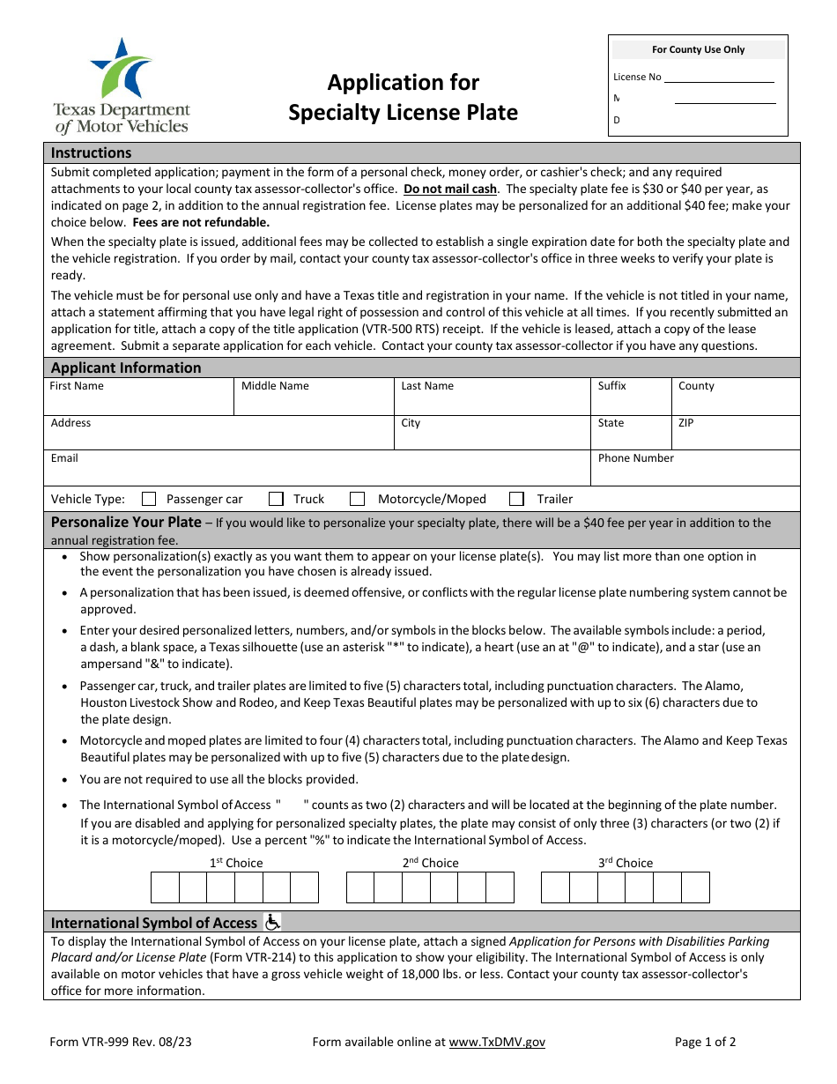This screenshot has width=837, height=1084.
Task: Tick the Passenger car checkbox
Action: click(149, 499)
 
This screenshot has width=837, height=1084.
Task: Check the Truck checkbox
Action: click(276, 499)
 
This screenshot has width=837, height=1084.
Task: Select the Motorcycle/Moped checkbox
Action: click(357, 499)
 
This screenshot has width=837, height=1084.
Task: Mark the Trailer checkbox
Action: click(516, 499)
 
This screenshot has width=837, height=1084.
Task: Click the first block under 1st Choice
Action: click(165, 887)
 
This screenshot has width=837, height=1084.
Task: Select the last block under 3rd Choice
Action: click(695, 887)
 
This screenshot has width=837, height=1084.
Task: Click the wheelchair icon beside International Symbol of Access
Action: click(272, 922)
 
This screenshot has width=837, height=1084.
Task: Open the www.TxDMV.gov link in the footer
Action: click(497, 1042)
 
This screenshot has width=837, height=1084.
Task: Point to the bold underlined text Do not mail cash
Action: click(450, 189)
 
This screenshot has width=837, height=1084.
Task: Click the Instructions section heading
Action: click(92, 152)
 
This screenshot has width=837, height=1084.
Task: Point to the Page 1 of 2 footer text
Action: click(705, 1042)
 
